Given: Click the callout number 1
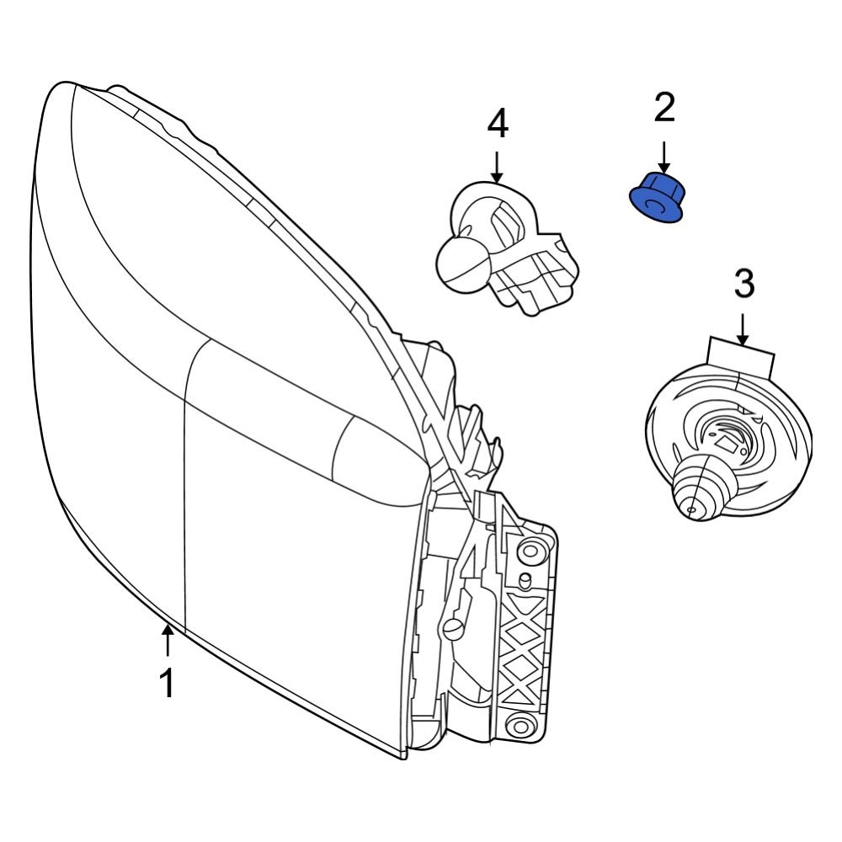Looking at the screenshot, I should point(168,684).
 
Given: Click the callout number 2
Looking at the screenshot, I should point(664,107).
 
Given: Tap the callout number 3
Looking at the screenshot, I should point(744,284).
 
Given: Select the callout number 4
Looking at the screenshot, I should point(498,125).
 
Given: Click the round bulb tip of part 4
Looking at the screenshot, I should point(459,261).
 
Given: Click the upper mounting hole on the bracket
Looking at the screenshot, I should point(530,552).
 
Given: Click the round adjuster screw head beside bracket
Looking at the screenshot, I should point(454,627).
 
